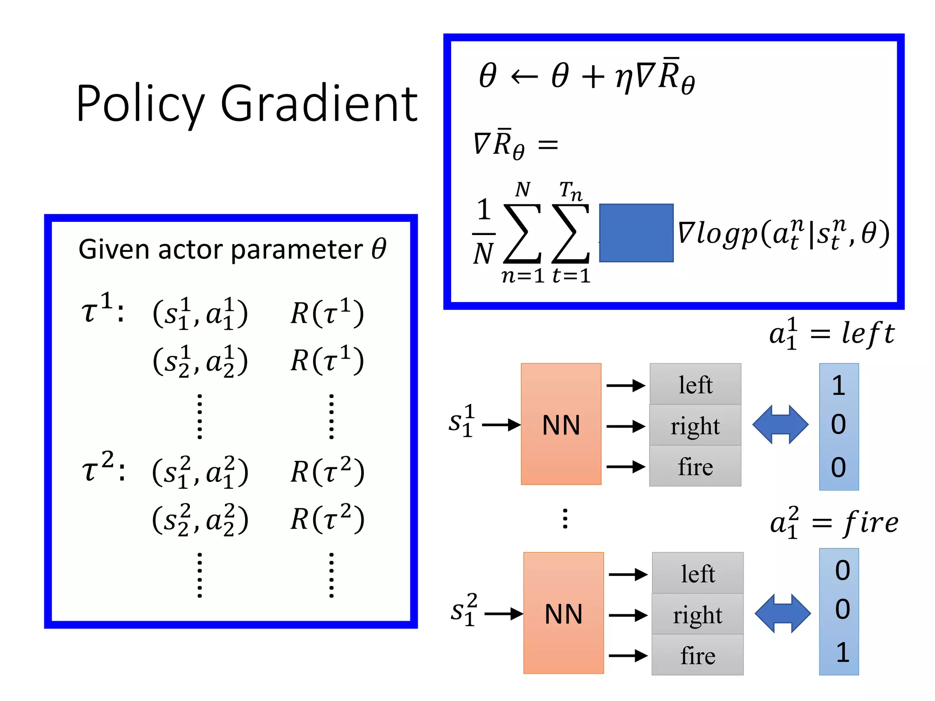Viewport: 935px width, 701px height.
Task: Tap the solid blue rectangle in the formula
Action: coord(636,233)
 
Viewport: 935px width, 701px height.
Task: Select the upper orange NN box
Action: coord(561,424)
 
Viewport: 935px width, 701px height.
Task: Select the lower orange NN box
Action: coord(563,613)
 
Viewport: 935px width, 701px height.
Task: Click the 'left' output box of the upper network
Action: coord(695,384)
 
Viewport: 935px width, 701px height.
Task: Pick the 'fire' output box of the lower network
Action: coord(697,655)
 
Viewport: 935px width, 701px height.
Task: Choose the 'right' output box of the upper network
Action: coord(695,425)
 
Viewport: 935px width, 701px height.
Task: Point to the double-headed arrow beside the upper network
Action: coord(780,424)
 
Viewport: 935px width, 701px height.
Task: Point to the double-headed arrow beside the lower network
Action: coord(783,613)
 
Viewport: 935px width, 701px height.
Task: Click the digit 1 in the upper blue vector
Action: coord(838,386)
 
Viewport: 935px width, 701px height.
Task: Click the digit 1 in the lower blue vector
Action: coord(842,653)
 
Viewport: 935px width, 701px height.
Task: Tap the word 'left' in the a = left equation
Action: coord(867,333)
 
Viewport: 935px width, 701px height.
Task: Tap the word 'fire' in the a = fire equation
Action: coord(871,523)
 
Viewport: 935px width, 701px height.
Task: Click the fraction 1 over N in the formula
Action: coord(483,233)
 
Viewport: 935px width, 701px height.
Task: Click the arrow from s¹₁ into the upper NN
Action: coord(501,425)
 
